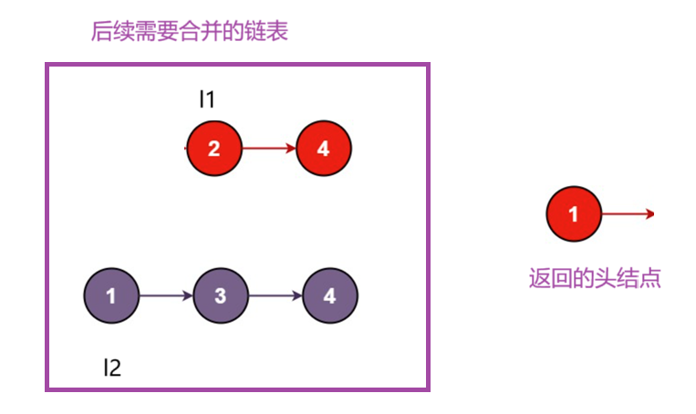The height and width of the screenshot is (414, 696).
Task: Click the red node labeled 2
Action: click(x=213, y=148)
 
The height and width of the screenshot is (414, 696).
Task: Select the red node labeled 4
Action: click(x=323, y=148)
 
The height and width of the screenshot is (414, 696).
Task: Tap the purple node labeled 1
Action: click(x=110, y=296)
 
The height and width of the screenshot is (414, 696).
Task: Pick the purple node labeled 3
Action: click(x=220, y=296)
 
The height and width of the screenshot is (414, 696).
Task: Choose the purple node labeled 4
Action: click(x=329, y=296)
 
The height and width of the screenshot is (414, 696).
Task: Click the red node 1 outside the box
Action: click(x=573, y=214)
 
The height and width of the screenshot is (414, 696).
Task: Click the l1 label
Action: click(x=207, y=98)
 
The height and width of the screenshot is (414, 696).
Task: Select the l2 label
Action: click(x=111, y=367)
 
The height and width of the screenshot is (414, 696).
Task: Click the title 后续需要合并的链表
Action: click(x=190, y=33)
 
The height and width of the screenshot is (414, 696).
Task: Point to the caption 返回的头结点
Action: click(x=595, y=278)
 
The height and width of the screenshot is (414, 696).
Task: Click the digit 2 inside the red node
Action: click(x=213, y=148)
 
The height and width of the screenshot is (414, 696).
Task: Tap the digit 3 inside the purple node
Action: click(x=220, y=296)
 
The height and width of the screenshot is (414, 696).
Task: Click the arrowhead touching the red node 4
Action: click(x=291, y=148)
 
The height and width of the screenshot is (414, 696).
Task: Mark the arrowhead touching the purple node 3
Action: click(x=188, y=296)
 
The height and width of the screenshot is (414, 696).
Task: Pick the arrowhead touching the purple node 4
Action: click(x=297, y=296)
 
